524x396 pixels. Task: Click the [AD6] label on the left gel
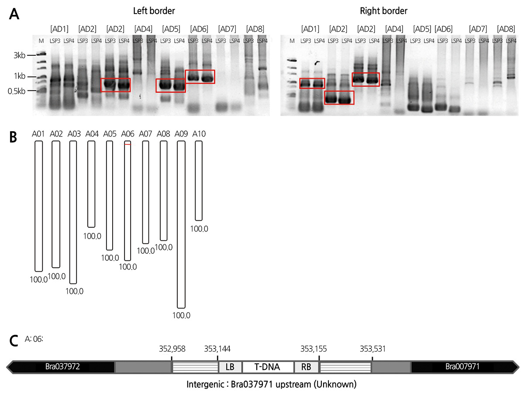199,29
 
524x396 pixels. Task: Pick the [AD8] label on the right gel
506,29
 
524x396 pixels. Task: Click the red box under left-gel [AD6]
200,76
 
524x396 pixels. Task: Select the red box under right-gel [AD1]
312,83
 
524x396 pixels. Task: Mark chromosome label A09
182,133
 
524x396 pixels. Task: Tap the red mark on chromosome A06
128,144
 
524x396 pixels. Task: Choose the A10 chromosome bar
199,181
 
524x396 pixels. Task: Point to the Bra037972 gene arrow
61,367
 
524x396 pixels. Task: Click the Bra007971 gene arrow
463,367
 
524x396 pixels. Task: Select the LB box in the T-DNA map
230,367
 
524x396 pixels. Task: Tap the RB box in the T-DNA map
306,367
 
